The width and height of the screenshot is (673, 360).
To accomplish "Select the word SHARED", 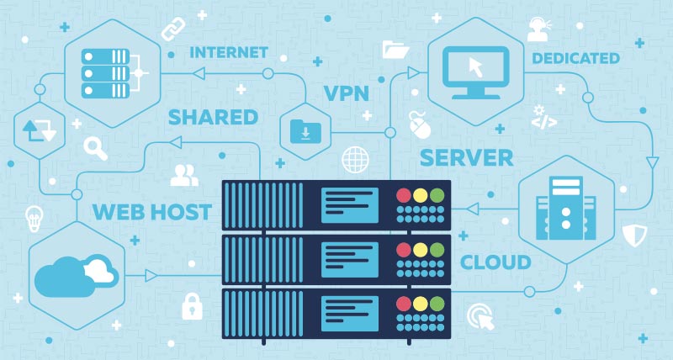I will pyautogui.click(x=213, y=117).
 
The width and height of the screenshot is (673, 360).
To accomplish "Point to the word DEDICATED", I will pyautogui.click(x=575, y=58).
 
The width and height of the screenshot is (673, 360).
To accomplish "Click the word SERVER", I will pyautogui.click(x=466, y=156).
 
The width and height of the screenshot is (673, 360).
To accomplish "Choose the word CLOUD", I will pyautogui.click(x=495, y=262).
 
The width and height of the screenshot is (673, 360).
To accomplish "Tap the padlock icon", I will pyautogui.click(x=193, y=304).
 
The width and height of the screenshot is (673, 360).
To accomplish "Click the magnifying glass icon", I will pyautogui.click(x=95, y=148).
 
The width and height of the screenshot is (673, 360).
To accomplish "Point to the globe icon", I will pyautogui.click(x=355, y=158).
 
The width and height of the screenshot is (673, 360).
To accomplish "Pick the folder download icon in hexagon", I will pyautogui.click(x=305, y=130).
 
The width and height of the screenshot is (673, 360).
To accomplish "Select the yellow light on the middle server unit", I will pyautogui.click(x=419, y=250).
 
